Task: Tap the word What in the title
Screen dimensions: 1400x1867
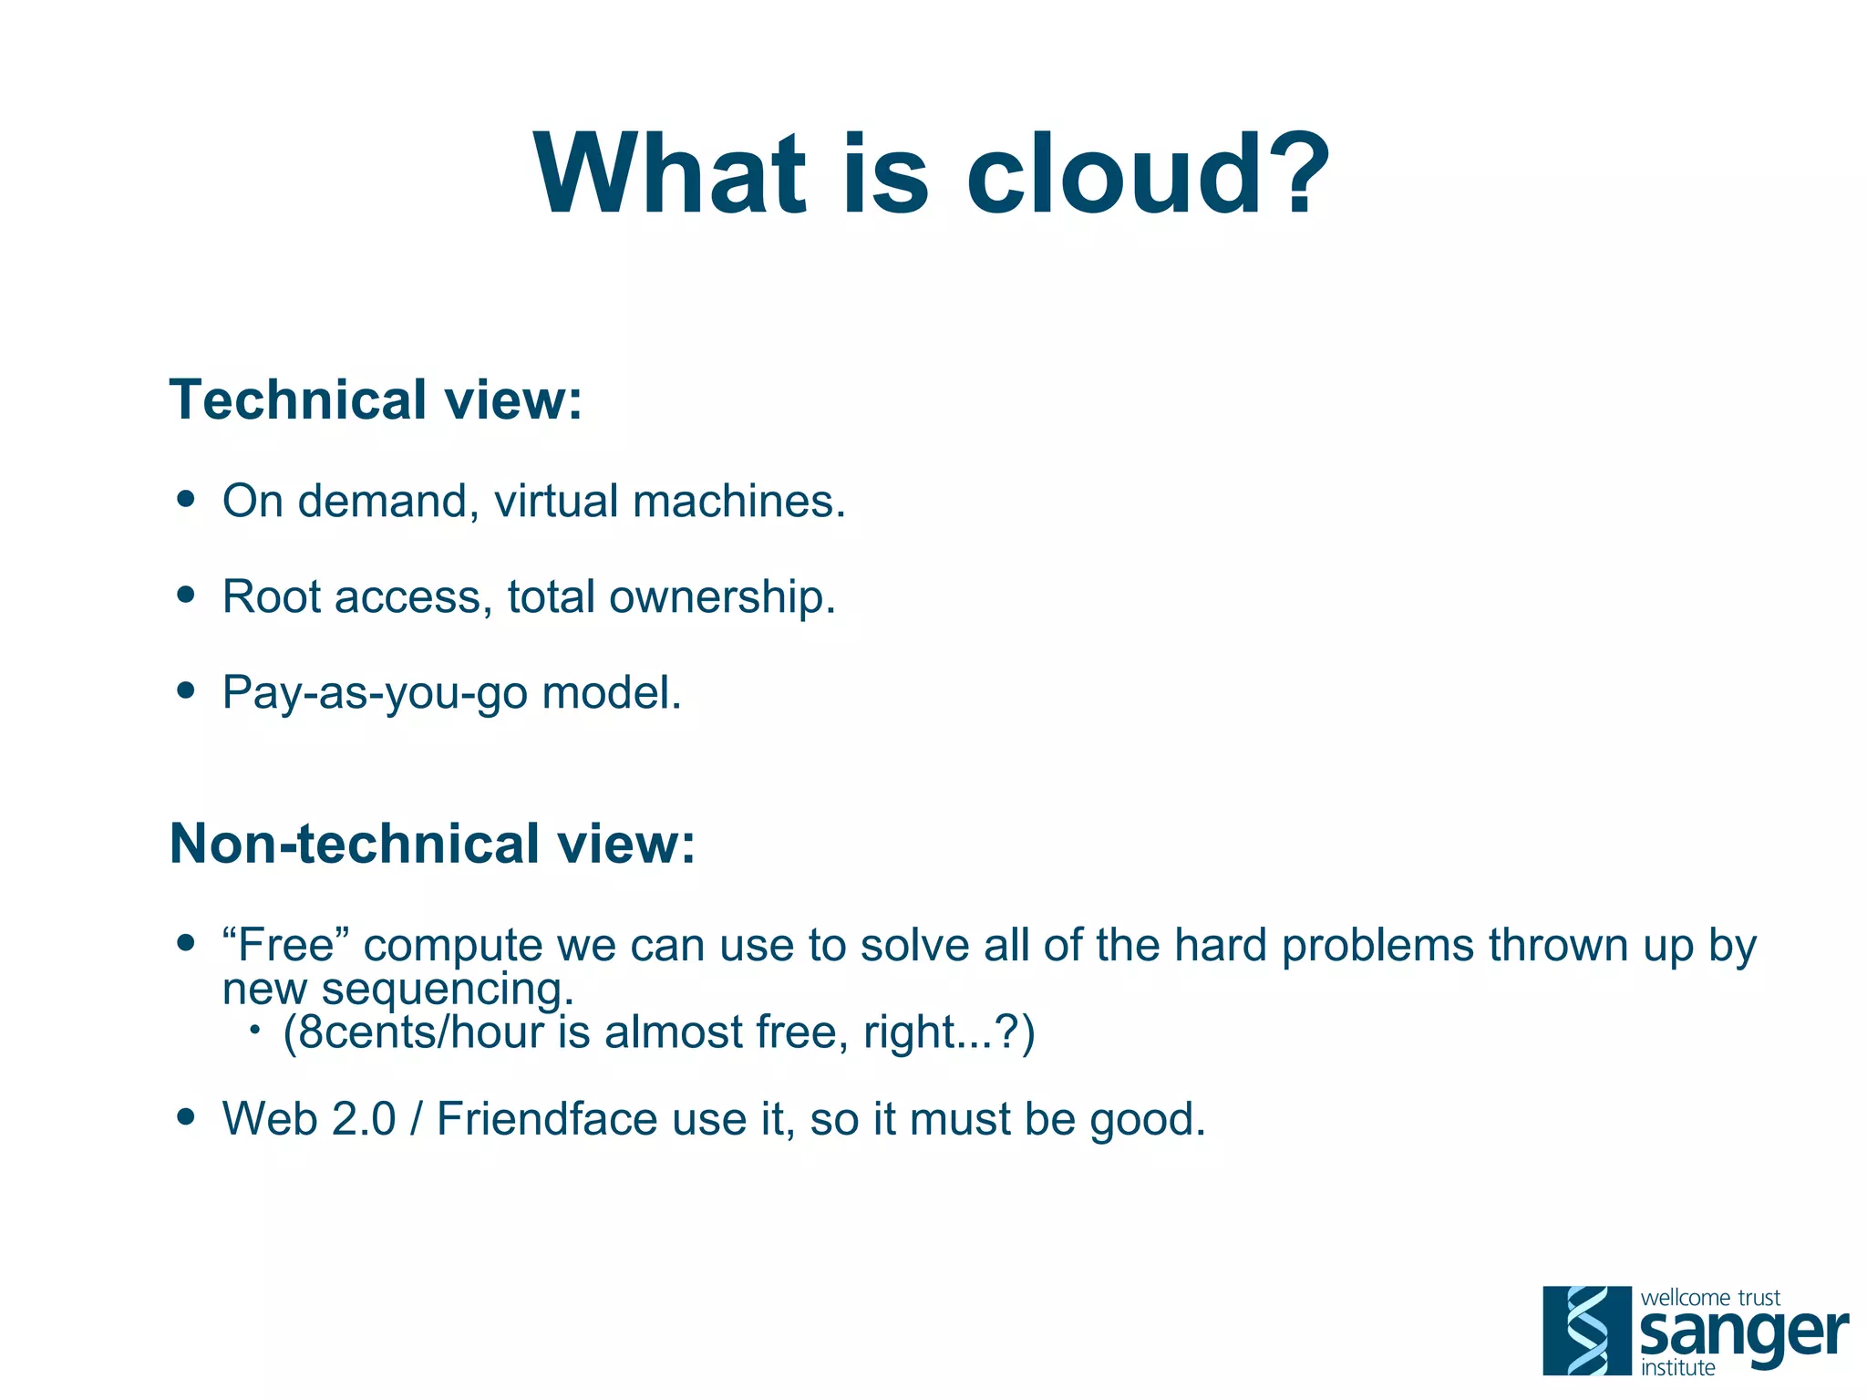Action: click(670, 175)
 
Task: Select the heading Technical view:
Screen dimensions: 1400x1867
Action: click(376, 400)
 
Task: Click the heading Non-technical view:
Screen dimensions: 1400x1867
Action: click(432, 844)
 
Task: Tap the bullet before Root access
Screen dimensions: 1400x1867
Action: click(187, 595)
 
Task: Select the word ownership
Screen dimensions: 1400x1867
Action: click(722, 598)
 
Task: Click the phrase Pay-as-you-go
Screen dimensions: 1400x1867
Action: click(375, 693)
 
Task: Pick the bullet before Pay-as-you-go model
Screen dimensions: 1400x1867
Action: click(187, 690)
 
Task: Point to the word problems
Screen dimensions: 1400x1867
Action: click(1377, 946)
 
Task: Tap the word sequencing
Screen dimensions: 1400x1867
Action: click(448, 990)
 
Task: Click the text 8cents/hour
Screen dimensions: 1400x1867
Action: click(420, 1033)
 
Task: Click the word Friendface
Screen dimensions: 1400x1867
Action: click(546, 1120)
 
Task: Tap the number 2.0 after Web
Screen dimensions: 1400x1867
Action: click(364, 1120)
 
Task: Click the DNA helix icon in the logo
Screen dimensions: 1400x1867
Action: click(1587, 1331)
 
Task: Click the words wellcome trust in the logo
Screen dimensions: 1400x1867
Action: click(1710, 1297)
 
